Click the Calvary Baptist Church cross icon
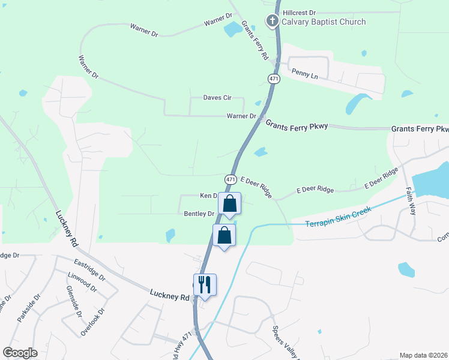pyautogui.click(x=272, y=22)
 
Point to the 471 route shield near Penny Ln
pyautogui.click(x=274, y=79)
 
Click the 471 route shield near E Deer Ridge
pyautogui.click(x=231, y=179)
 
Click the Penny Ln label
pyautogui.click(x=303, y=72)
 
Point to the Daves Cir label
pyautogui.click(x=217, y=97)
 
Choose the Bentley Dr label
pyautogui.click(x=199, y=214)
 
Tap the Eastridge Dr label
pyautogui.click(x=89, y=271)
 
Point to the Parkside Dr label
pyautogui.click(x=29, y=308)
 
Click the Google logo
pyautogui.click(x=20, y=352)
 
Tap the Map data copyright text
pyautogui.click(x=424, y=355)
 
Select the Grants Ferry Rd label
pyautogui.click(x=255, y=41)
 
